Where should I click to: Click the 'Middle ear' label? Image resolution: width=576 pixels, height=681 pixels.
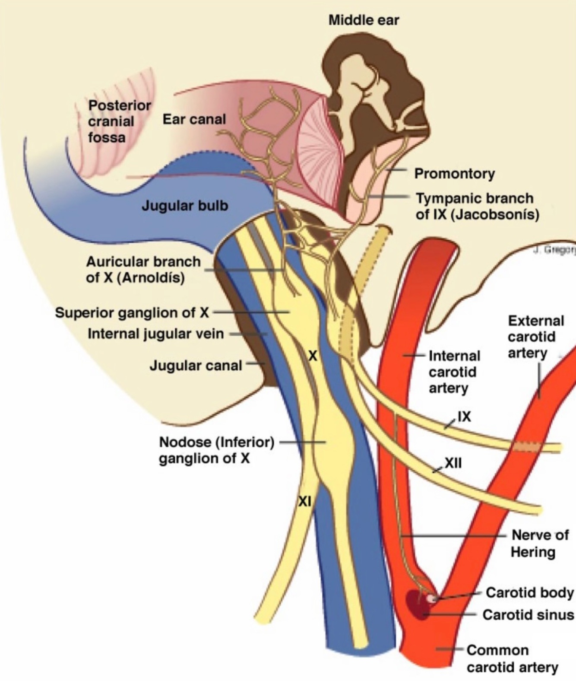pyautogui.click(x=364, y=20)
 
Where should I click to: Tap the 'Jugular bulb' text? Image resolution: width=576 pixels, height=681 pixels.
pyautogui.click(x=185, y=205)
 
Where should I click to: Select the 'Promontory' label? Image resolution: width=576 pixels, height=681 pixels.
pyautogui.click(x=454, y=174)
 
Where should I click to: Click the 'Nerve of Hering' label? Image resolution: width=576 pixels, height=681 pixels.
pyautogui.click(x=539, y=543)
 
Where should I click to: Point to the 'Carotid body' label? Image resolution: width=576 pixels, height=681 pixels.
pyautogui.click(x=529, y=592)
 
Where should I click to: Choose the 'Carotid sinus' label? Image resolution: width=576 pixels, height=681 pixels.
pyautogui.click(x=528, y=614)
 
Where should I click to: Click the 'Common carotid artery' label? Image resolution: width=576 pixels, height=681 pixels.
pyautogui.click(x=512, y=659)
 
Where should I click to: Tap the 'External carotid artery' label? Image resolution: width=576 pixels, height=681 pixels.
pyautogui.click(x=536, y=337)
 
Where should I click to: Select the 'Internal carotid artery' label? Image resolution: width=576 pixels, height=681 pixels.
pyautogui.click(x=454, y=372)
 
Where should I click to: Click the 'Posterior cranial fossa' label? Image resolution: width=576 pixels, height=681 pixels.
pyautogui.click(x=120, y=121)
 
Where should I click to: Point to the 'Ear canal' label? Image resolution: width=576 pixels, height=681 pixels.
pyautogui.click(x=194, y=119)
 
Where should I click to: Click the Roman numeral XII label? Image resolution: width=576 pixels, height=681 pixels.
pyautogui.click(x=453, y=463)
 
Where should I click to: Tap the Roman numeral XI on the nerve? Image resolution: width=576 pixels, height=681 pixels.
pyautogui.click(x=305, y=501)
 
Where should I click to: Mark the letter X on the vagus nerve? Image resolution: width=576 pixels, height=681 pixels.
pyautogui.click(x=313, y=356)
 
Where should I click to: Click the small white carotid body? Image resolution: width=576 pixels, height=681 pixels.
pyautogui.click(x=431, y=598)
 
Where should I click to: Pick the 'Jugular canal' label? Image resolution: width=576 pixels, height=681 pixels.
pyautogui.click(x=196, y=366)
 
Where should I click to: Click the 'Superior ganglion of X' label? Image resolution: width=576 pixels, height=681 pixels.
pyautogui.click(x=132, y=312)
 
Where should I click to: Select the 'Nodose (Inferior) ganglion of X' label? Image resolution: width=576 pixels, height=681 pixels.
pyautogui.click(x=216, y=450)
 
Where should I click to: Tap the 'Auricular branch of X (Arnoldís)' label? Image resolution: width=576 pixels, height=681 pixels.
pyautogui.click(x=143, y=269)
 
